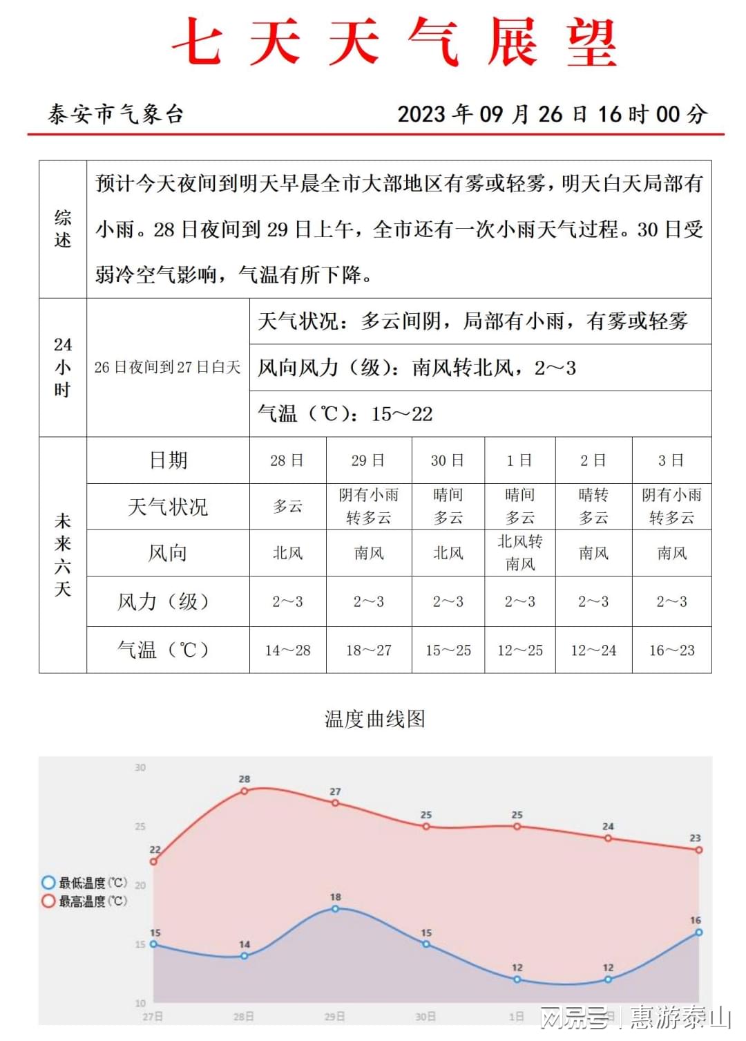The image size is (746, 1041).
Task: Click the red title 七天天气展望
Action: (x=394, y=43)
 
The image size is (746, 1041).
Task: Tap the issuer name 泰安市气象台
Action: (x=115, y=114)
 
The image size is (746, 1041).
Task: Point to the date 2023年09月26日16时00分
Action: (x=552, y=114)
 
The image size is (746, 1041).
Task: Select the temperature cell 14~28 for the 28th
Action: (x=287, y=650)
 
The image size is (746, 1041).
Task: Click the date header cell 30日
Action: (x=448, y=460)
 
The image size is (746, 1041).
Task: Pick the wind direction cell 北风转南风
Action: (x=520, y=553)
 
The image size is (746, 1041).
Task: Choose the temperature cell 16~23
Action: (x=671, y=650)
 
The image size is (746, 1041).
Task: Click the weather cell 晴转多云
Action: (x=593, y=507)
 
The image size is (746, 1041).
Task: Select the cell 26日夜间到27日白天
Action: (x=167, y=367)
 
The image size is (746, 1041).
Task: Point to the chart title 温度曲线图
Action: (x=375, y=719)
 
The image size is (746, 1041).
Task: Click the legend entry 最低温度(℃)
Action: (x=85, y=883)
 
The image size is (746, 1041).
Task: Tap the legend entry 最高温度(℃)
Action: (x=85, y=901)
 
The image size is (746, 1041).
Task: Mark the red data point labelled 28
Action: (x=245, y=791)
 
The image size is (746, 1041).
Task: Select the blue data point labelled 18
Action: (x=335, y=909)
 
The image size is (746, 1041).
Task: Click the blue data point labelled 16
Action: (x=698, y=932)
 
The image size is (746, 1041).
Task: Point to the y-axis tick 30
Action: (x=140, y=767)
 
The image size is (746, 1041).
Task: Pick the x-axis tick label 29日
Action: (x=335, y=1017)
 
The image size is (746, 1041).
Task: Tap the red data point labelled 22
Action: (x=154, y=861)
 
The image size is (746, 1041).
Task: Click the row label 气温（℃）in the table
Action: (x=164, y=650)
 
